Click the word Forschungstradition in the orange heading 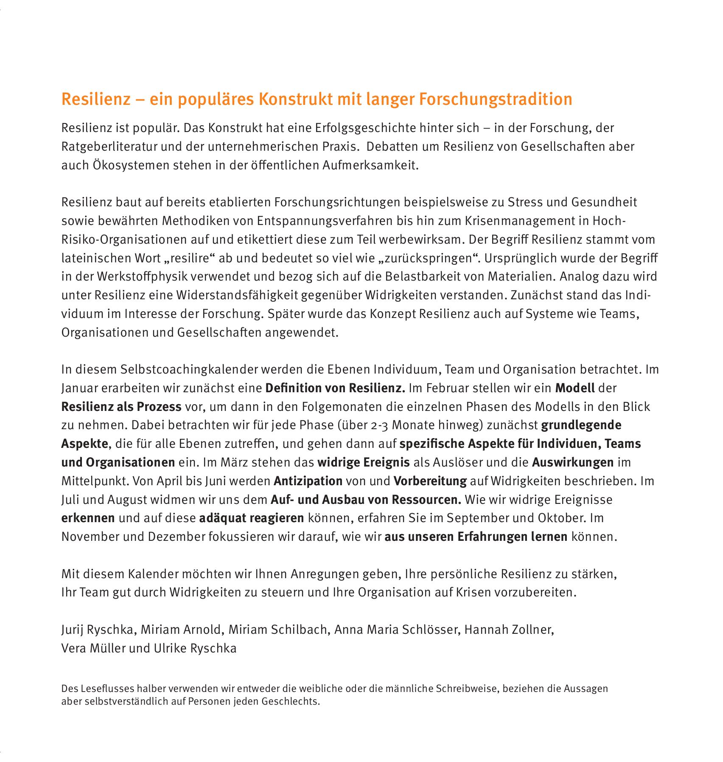pyautogui.click(x=496, y=99)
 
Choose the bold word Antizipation pyautogui.click(x=308, y=481)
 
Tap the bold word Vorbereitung pyautogui.click(x=430, y=481)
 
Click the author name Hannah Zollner pyautogui.click(x=509, y=629)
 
